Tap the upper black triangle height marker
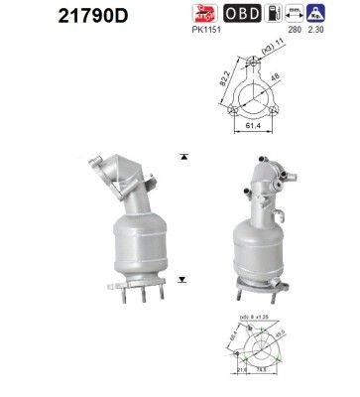pyautogui.click(x=184, y=158)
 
